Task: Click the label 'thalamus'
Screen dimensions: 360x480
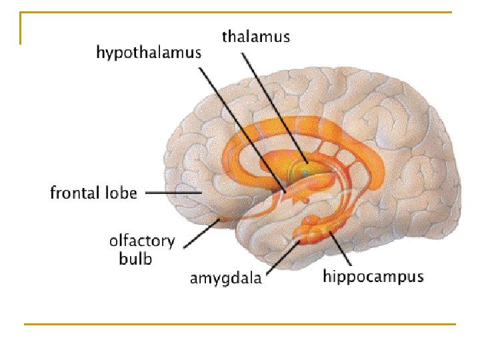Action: tap(256, 36)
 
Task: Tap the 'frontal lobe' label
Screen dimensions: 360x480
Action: tap(94, 193)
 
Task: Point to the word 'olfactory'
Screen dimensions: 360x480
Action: tap(142, 241)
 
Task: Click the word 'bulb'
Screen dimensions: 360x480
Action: tap(135, 258)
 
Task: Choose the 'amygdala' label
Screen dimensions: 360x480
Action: tap(226, 278)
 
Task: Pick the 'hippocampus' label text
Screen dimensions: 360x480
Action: tap(373, 276)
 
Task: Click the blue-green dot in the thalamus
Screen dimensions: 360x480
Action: tap(305, 172)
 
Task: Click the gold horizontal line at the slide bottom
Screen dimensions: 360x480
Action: tap(240, 324)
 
